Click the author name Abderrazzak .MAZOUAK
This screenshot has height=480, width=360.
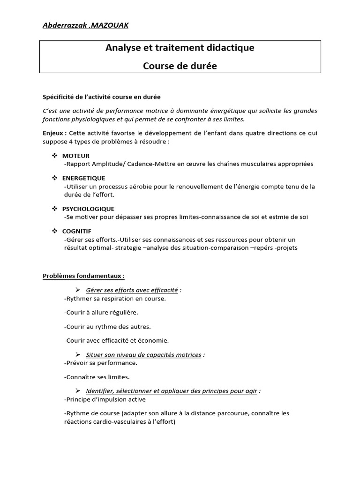85,25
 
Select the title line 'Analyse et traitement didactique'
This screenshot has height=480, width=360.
180,48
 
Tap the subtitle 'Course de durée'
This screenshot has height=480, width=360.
180,66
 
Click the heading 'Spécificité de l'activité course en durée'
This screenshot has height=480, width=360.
102,97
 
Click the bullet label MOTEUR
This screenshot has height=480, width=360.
76,156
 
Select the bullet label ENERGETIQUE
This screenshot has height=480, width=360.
83,178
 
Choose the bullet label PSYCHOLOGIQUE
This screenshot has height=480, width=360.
88,209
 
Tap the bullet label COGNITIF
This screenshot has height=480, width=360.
77,231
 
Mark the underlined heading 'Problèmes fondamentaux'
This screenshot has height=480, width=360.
84,276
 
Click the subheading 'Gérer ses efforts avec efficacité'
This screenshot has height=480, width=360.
132,290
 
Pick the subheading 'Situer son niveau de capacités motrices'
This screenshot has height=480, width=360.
143,355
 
